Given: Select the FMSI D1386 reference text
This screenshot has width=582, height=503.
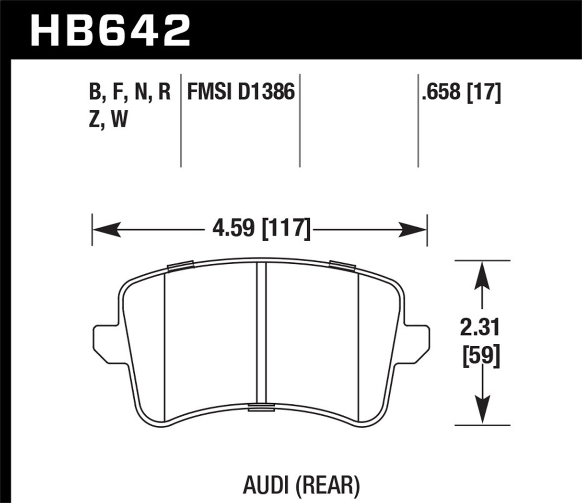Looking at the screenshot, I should coord(241,91).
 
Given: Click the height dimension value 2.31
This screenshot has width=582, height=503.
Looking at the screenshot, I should coord(480,328).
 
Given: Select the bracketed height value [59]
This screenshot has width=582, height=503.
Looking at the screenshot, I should coord(481,357).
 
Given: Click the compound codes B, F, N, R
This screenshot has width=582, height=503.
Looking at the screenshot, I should coord(130,91).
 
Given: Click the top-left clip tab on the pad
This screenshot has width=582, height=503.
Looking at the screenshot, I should coord(180,266).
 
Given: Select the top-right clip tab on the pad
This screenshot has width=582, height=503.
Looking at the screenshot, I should coord(341,265).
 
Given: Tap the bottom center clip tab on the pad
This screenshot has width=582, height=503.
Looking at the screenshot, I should coord(261,408).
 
